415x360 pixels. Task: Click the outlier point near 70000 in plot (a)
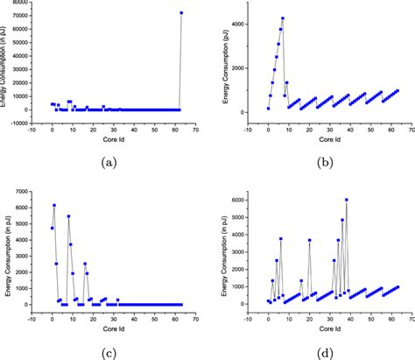181,13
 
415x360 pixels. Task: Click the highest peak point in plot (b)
282,18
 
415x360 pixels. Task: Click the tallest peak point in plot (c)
54,205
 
